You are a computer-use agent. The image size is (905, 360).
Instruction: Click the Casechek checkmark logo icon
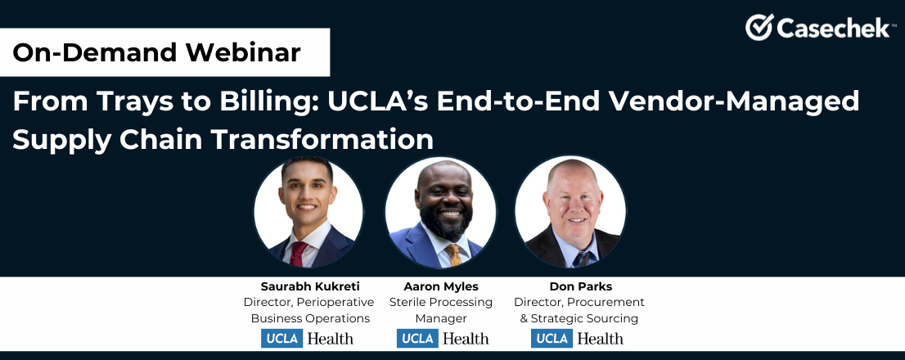759,27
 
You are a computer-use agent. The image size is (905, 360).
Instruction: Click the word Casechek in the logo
832,28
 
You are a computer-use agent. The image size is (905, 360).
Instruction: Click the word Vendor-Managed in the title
740,102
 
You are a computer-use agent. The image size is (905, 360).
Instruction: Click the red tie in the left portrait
299,254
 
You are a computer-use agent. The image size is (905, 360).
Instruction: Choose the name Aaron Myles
441,286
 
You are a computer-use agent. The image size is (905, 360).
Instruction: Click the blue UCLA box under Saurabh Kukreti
282,338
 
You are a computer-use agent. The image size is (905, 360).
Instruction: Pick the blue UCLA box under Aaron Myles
418,338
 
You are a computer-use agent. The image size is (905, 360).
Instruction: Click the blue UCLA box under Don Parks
552,338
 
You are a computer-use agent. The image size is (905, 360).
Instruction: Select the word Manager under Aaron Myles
441,318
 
